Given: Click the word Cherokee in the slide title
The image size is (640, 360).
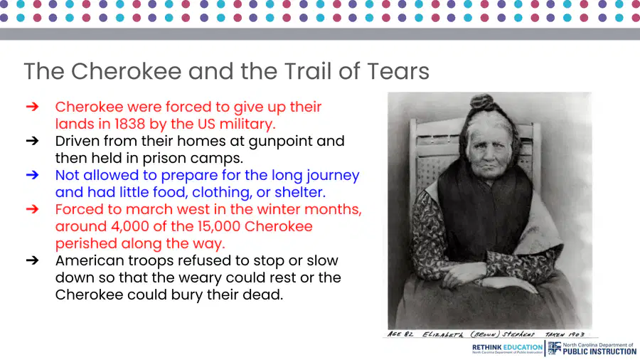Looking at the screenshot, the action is pos(126,71).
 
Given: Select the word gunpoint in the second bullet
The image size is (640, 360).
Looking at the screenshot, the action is pos(297,142).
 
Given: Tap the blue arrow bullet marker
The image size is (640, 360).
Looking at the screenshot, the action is pos(32,175).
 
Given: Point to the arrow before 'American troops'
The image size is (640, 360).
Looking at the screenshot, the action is pos(32,260).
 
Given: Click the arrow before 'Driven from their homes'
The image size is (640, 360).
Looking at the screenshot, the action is pos(32,140).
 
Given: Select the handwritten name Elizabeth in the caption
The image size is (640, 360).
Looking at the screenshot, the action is pos(442,334).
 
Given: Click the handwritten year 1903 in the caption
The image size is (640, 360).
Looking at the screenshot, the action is pos(576,334).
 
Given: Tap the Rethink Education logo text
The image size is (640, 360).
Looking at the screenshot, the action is pos(507,347).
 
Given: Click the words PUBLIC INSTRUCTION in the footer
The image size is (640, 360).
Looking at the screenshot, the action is pos(599,351).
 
